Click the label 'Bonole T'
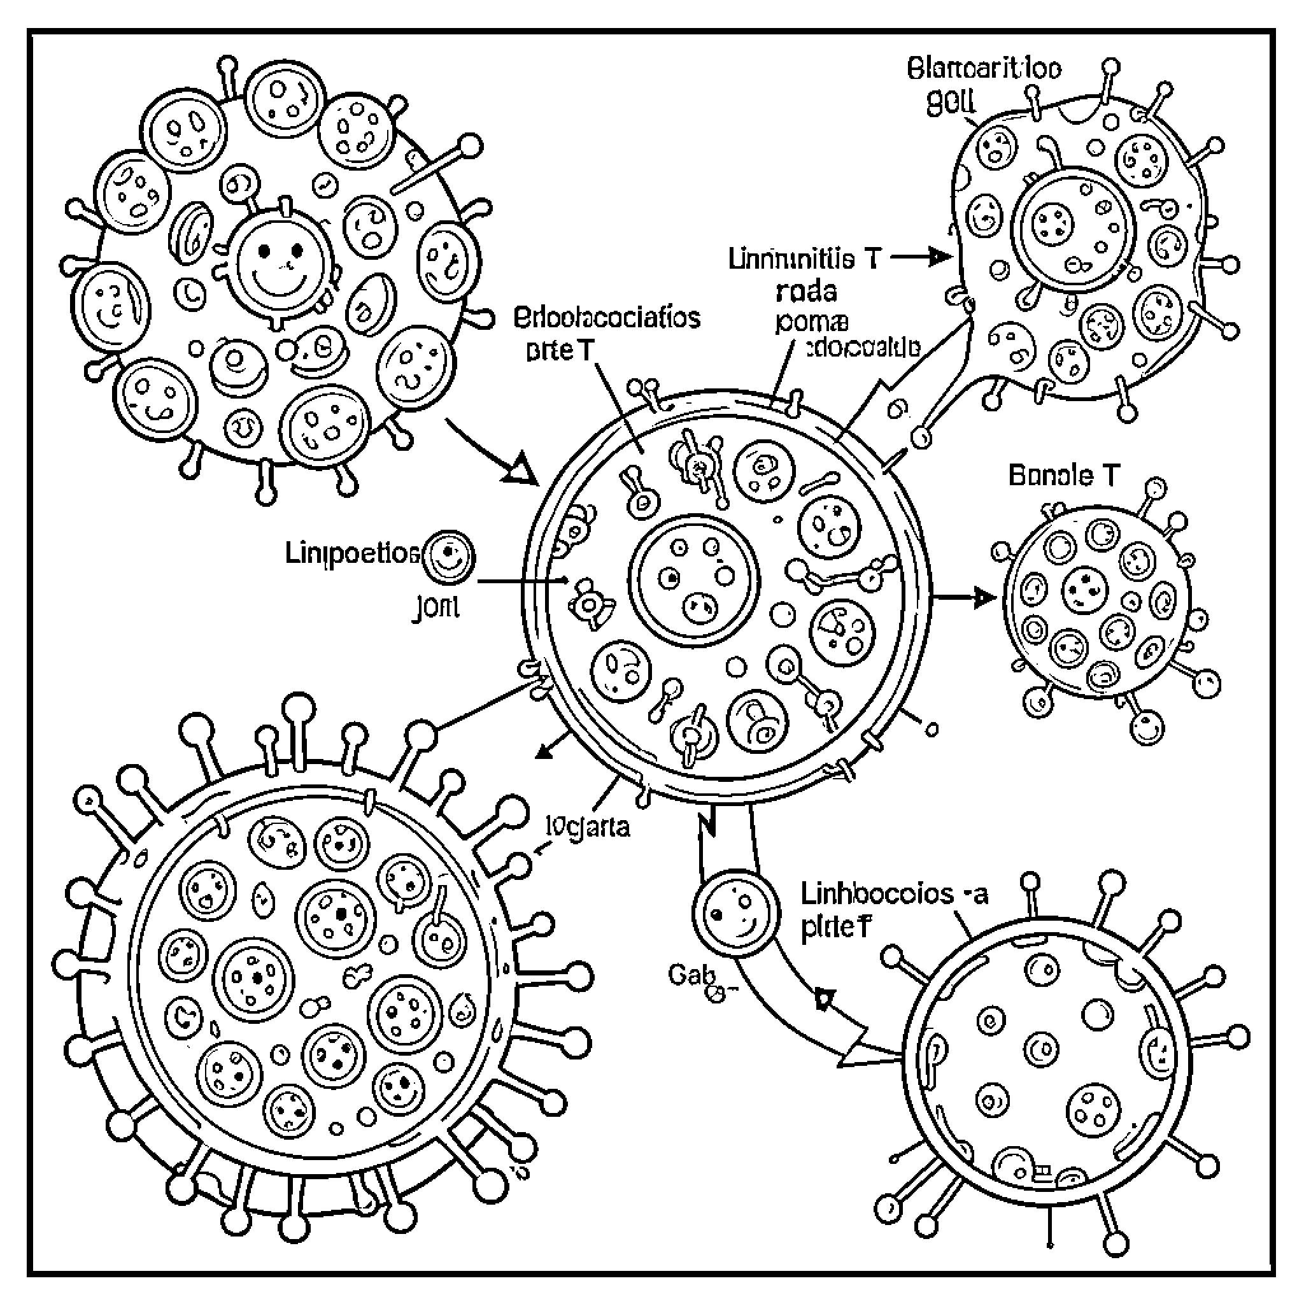(1063, 476)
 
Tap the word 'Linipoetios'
(351, 553)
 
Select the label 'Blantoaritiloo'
(984, 69)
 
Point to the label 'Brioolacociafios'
(607, 316)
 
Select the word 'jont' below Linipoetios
(436, 607)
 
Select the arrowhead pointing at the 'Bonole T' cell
(984, 597)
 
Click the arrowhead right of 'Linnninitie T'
(938, 257)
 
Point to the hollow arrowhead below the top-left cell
(520, 471)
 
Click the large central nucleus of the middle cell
(694, 580)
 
